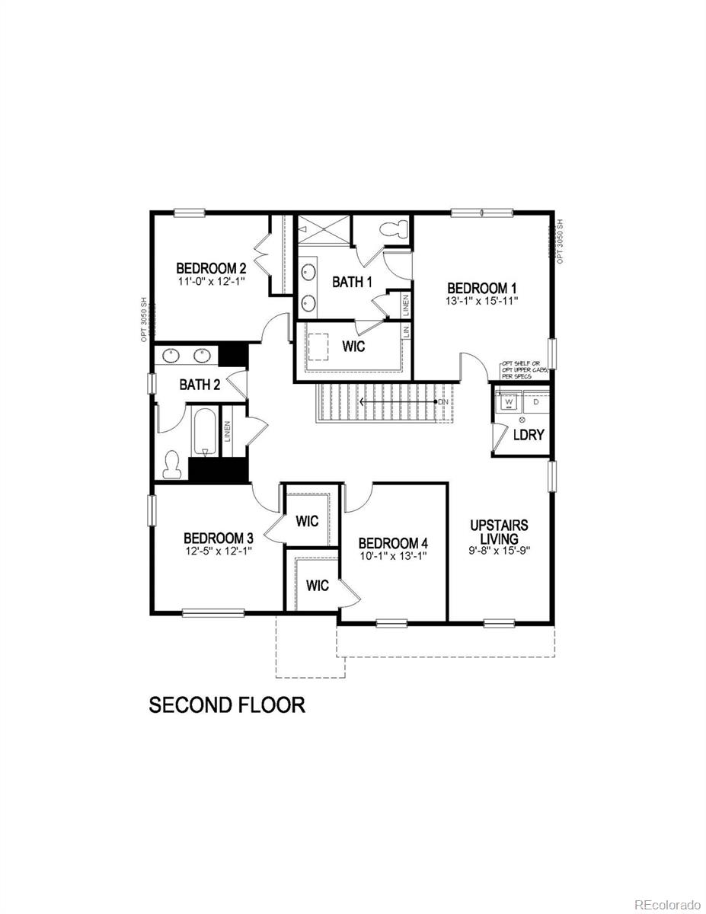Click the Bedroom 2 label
click(x=211, y=268)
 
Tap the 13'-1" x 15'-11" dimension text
click(x=482, y=301)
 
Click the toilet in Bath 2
click(x=172, y=465)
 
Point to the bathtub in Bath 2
click(x=204, y=434)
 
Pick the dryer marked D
click(x=535, y=400)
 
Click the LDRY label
click(x=528, y=435)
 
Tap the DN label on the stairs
click(x=442, y=401)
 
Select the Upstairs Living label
click(x=499, y=532)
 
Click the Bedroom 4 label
click(x=393, y=543)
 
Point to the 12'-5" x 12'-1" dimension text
click(x=217, y=549)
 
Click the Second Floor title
click(x=227, y=705)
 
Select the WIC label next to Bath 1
click(x=353, y=347)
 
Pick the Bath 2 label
click(x=200, y=385)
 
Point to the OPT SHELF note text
click(x=525, y=370)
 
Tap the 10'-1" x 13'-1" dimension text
click(x=393, y=555)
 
